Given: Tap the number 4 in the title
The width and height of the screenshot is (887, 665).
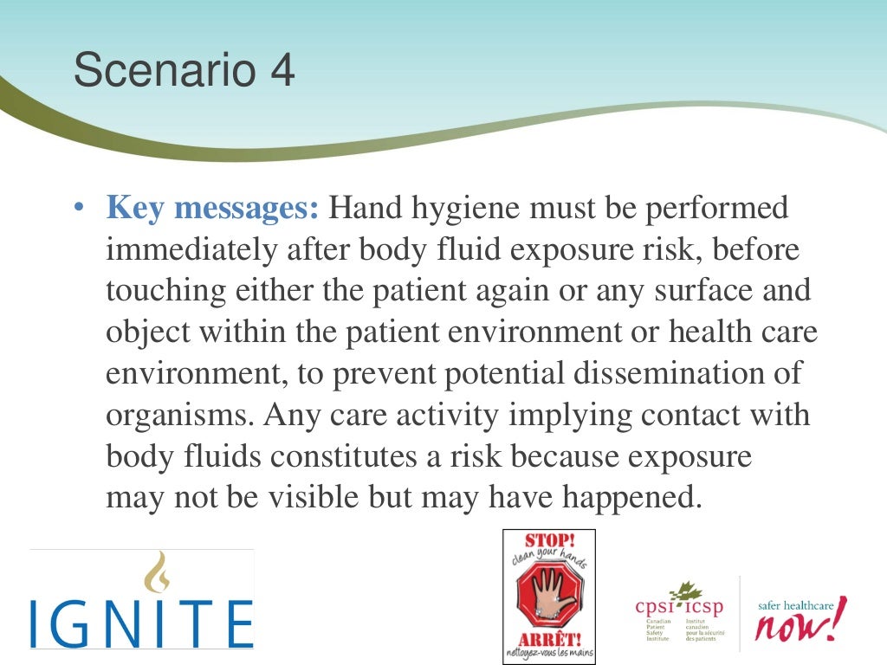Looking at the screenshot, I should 282,71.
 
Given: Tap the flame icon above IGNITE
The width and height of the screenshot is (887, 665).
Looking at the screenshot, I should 157,571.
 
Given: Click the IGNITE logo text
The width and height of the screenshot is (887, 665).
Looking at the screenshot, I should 142,621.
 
